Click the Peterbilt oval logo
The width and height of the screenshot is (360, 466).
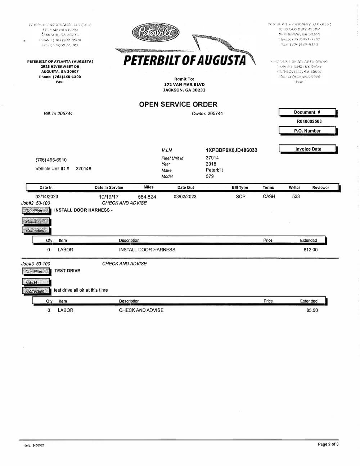[x=156, y=33]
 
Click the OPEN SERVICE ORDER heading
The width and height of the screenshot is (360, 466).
[x=178, y=104]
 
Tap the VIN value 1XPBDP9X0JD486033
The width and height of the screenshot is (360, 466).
[x=231, y=150]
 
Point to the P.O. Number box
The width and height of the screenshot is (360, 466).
[x=307, y=131]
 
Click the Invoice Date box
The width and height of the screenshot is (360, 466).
[x=308, y=149]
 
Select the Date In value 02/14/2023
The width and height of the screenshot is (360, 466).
[x=47, y=197]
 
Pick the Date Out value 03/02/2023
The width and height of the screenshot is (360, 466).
[x=185, y=197]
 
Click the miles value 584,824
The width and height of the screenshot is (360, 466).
[x=147, y=197]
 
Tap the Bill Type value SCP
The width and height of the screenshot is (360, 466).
[x=240, y=197]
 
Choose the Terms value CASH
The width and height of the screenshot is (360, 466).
[x=269, y=197]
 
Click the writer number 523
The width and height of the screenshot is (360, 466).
[x=296, y=197]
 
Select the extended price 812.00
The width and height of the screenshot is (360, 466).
[x=310, y=250]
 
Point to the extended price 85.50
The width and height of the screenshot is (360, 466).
[x=312, y=310]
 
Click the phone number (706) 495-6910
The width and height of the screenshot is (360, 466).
[x=51, y=160]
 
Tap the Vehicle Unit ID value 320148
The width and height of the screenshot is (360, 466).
[x=84, y=169]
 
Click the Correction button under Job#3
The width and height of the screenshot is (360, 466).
[x=36, y=291]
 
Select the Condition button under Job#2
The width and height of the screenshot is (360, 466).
[x=36, y=211]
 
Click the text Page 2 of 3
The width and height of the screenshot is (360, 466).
[x=328, y=444]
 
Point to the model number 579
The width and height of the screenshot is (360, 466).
[x=210, y=176]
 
